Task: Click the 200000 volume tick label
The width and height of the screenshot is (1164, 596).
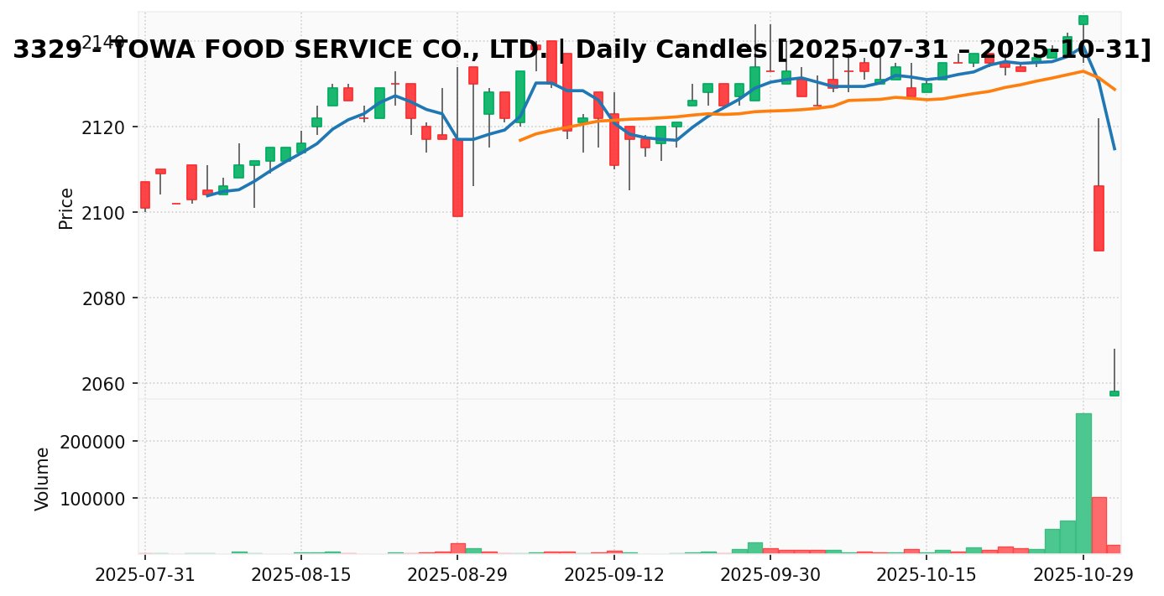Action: pyautogui.click(x=92, y=442)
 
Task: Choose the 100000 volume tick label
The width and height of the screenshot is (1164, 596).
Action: pyautogui.click(x=92, y=499)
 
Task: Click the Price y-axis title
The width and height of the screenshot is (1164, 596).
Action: pyautogui.click(x=66, y=208)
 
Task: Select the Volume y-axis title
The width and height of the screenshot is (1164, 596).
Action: pyautogui.click(x=43, y=478)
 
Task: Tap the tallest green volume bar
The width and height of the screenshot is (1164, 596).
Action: pyautogui.click(x=1083, y=483)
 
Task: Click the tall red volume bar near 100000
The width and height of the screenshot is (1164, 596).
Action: pyautogui.click(x=1099, y=525)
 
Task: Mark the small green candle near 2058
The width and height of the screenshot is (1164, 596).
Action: pyautogui.click(x=1114, y=393)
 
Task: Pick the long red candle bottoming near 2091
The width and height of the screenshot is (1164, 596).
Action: pyautogui.click(x=1099, y=218)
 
